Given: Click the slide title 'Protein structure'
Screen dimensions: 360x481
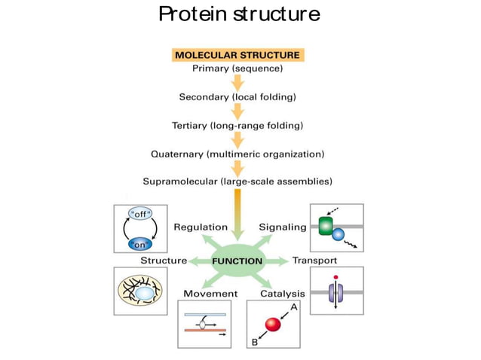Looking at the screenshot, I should click(x=240, y=15).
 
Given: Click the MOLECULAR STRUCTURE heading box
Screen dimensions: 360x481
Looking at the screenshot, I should click(x=237, y=55).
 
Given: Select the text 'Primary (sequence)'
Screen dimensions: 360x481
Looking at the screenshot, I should click(x=237, y=69).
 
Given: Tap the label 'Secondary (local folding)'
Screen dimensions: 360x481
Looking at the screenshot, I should click(x=237, y=97).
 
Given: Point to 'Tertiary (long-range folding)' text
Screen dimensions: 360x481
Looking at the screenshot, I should click(x=237, y=126).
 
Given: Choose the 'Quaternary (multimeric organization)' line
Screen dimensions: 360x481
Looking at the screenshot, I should click(x=237, y=154).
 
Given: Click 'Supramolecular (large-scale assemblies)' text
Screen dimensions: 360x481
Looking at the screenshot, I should click(x=237, y=182).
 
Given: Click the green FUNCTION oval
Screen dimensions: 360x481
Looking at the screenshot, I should click(x=237, y=261).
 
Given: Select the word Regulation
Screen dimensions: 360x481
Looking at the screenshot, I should click(x=201, y=227).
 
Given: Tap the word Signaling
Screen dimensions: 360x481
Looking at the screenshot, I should click(x=283, y=227).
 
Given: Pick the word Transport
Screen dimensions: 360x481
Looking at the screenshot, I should click(x=314, y=261).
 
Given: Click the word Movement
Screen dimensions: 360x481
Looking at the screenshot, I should click(x=210, y=293).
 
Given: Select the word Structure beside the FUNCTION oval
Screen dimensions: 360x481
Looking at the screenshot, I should click(x=164, y=261).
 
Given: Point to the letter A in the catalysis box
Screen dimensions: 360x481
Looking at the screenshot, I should click(x=294, y=307).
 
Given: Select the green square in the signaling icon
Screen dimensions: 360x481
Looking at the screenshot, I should click(x=326, y=227).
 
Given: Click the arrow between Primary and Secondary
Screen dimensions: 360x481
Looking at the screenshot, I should click(x=237, y=82).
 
